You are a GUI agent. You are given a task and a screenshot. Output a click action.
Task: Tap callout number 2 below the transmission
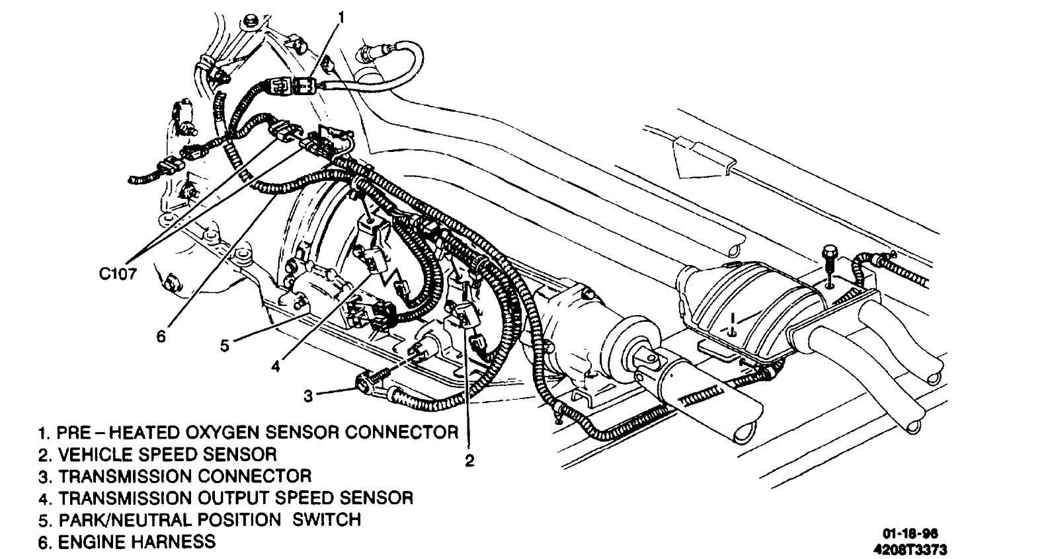(x=469, y=461)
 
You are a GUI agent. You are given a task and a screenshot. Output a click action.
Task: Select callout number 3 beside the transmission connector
(x=308, y=396)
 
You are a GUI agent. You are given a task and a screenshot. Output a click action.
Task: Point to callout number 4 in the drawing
(x=276, y=365)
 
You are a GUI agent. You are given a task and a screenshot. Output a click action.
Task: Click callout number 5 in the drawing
(x=225, y=345)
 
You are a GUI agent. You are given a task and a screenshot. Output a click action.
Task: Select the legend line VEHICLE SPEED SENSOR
(x=158, y=454)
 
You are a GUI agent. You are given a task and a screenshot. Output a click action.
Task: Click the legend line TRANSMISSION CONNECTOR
(x=175, y=476)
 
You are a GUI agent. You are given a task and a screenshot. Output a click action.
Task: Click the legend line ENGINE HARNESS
(x=127, y=542)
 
